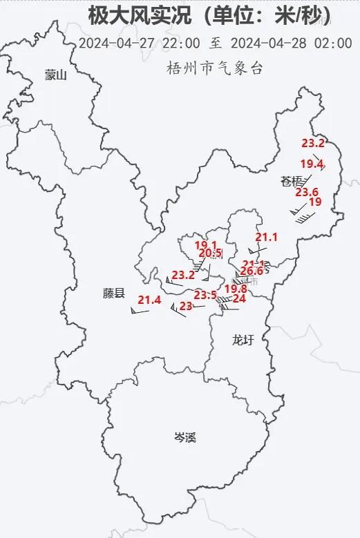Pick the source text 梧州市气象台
coord(215,68)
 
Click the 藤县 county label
coord(114,294)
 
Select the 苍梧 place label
coord(292,182)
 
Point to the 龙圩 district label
coord(243,339)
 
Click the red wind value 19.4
coord(312,164)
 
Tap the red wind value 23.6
coord(306,192)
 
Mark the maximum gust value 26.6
coord(252,271)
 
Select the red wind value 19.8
coord(236,289)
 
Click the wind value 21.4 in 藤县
coord(149,300)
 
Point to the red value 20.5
coord(209,253)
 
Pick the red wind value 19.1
coord(206,245)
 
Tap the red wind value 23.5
coord(205,295)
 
